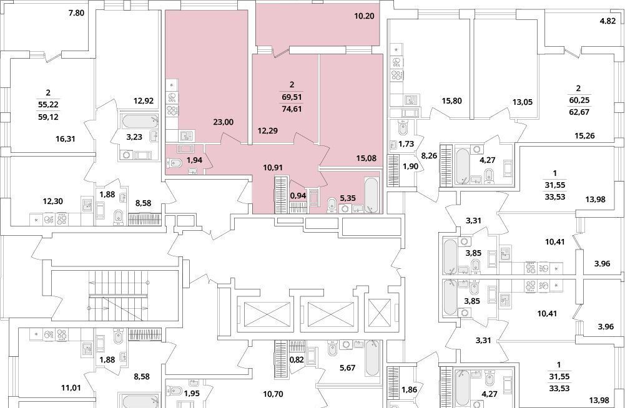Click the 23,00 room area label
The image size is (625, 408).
click(x=224, y=122)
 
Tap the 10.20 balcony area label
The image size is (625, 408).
click(x=364, y=16)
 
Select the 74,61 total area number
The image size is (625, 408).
click(x=292, y=108)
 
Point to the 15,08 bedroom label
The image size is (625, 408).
click(x=367, y=158)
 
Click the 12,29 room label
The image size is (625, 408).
click(x=268, y=130)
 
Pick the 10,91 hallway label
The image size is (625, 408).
click(x=273, y=168)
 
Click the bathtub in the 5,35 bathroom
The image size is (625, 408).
click(x=371, y=194)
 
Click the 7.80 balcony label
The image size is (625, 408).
click(x=76, y=13)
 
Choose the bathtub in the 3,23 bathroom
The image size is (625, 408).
click(x=140, y=120)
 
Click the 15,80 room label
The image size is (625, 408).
click(x=451, y=101)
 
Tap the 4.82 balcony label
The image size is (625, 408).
click(x=608, y=21)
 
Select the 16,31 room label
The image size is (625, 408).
click(x=66, y=140)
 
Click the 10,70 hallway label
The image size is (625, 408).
click(x=273, y=394)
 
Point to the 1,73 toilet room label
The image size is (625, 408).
click(x=406, y=144)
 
